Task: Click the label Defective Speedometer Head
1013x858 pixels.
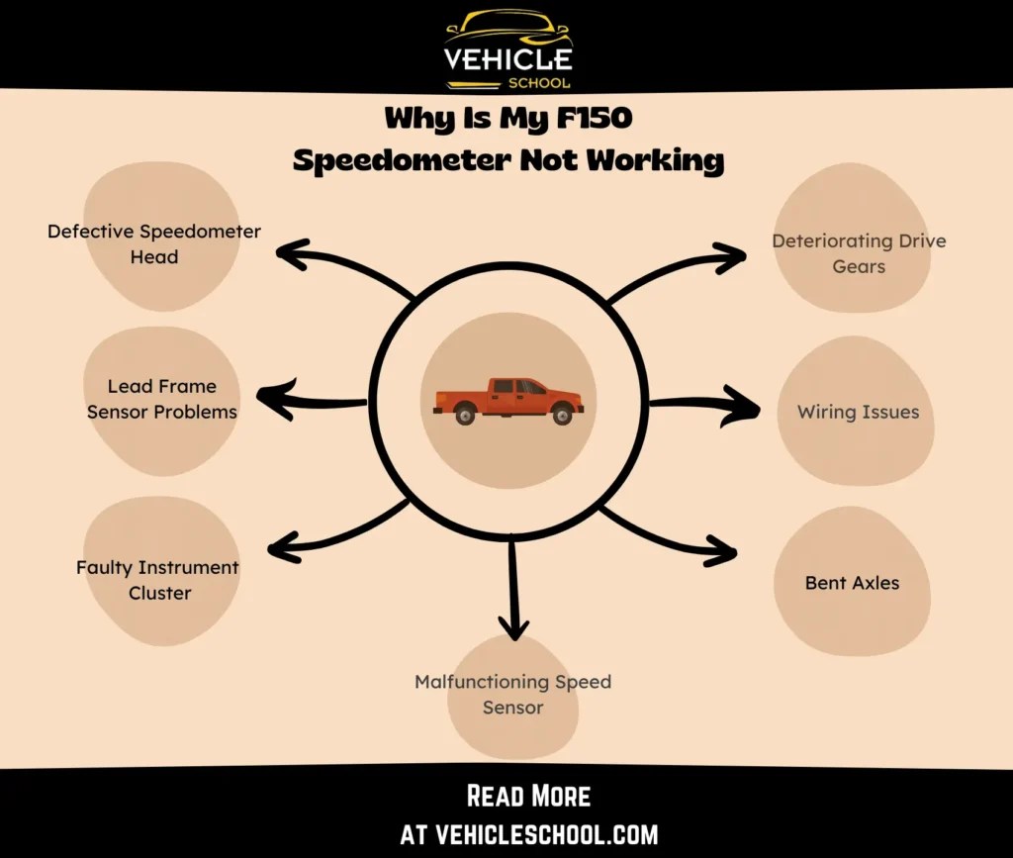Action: point(154,243)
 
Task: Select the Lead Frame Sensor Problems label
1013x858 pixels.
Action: point(162,399)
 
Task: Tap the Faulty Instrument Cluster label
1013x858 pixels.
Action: point(158,580)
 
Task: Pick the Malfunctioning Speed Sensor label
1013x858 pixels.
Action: point(512,694)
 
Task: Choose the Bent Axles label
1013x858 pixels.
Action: point(852,583)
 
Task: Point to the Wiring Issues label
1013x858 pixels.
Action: point(858,412)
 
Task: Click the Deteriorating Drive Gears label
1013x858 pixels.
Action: point(859,253)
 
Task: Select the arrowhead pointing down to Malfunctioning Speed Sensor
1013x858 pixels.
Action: point(512,625)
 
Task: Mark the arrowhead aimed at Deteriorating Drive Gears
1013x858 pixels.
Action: point(730,258)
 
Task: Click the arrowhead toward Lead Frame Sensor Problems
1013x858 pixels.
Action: point(271,398)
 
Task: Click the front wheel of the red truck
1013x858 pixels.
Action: point(562,415)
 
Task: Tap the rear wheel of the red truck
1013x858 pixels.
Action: point(465,415)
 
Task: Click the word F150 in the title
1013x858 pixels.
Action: point(591,119)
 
